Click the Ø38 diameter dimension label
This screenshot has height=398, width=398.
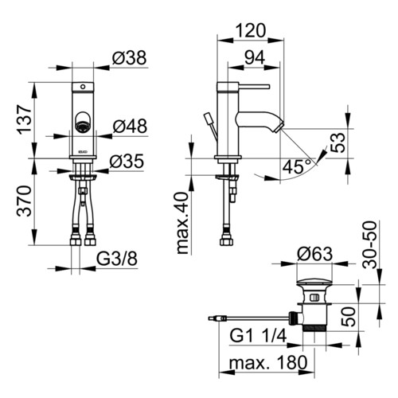tap(129, 58)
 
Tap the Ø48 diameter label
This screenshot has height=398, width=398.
tap(130, 126)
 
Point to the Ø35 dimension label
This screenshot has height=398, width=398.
tap(127, 161)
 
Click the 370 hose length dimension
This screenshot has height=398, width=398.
tap(25, 201)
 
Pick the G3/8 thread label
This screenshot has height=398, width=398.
tap(117, 259)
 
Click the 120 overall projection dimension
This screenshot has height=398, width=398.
tap(251, 30)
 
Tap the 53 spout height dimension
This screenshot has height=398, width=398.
tap(338, 142)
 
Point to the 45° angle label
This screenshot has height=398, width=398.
tap(297, 166)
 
